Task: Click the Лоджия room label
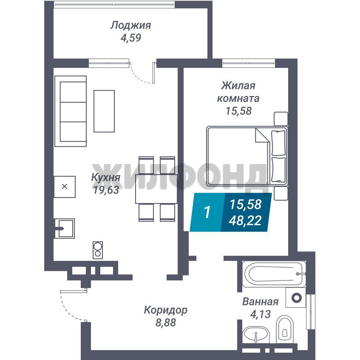click(x=130, y=26)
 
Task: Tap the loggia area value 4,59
click(x=130, y=38)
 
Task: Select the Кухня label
click(x=105, y=178)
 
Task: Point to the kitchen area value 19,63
click(x=106, y=190)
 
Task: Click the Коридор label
click(x=165, y=310)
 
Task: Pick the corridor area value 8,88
click(x=165, y=323)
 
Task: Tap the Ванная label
click(x=261, y=302)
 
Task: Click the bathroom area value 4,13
click(x=261, y=314)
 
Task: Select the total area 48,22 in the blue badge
click(x=245, y=221)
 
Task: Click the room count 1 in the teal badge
click(x=207, y=212)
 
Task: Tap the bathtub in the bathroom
click(x=274, y=274)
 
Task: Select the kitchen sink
click(x=65, y=228)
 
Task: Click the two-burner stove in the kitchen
click(x=98, y=250)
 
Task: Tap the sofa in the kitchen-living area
click(x=71, y=111)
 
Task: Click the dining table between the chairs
click(x=156, y=189)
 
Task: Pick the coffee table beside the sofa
click(x=104, y=111)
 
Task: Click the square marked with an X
click(x=65, y=187)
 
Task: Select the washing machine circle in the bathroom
click(x=296, y=298)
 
